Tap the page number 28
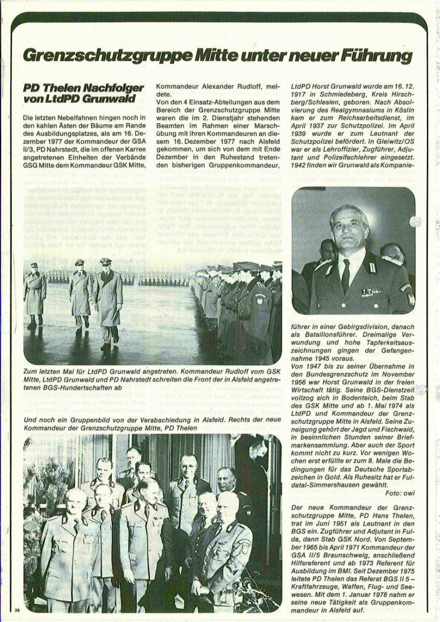tap(18, 610)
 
